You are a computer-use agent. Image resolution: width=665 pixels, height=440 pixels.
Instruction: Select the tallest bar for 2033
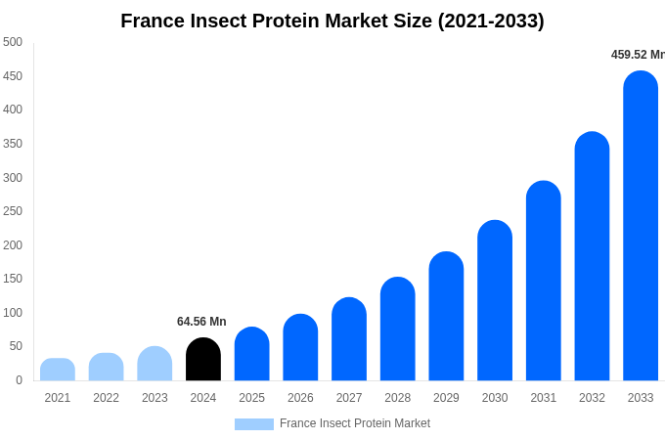pos(641,226)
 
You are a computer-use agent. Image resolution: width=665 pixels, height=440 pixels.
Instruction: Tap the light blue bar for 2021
pos(58,370)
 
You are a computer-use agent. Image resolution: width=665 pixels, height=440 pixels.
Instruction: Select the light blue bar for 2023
pos(155,364)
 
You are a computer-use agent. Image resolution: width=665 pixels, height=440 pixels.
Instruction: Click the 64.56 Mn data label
pos(201,322)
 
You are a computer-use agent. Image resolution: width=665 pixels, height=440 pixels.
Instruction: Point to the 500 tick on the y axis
pos(13,42)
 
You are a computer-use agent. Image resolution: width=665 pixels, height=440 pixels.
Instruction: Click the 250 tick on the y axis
pos(13,211)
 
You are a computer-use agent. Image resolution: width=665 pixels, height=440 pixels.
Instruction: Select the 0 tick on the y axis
pos(19,380)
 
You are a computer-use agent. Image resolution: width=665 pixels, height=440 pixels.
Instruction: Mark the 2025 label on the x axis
pos(252,398)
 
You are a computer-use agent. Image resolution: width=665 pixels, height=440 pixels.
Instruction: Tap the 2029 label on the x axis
pos(446,398)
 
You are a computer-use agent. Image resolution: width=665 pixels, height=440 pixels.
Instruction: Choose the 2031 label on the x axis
pos(544,398)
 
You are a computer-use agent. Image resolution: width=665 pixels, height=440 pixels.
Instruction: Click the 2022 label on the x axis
pos(107,398)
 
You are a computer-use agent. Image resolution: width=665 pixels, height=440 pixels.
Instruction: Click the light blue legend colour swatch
pos(254,424)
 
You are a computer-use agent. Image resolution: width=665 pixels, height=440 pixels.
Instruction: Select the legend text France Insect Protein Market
pos(355,423)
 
